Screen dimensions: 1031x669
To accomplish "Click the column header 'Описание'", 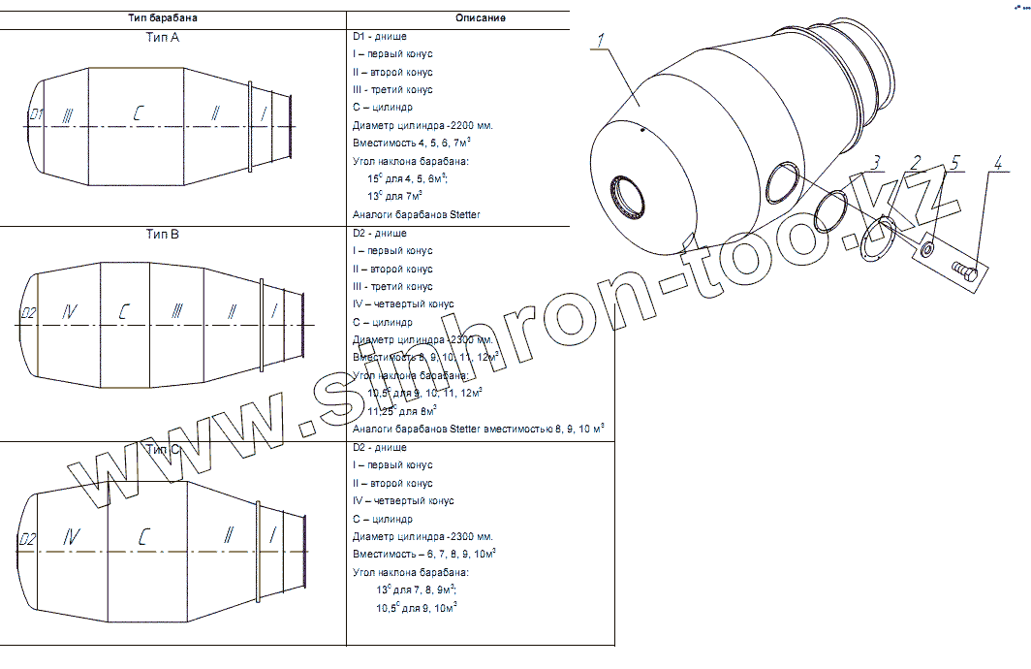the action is (480, 17).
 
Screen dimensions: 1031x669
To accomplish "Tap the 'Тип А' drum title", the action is (162, 37).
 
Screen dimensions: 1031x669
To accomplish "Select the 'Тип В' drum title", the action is (163, 234).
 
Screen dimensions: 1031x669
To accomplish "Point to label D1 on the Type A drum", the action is (36, 114).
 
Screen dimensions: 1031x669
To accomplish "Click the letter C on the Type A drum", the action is (139, 114).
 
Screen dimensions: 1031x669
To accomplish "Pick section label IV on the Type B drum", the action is (69, 312).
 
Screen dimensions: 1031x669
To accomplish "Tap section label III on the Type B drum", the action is (176, 312).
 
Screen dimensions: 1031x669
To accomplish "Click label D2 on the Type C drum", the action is (27, 539).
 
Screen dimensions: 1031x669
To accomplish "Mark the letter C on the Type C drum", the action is (142, 537).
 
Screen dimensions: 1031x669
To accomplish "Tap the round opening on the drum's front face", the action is (630, 198).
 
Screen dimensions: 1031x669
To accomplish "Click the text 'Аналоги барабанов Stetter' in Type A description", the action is (417, 214).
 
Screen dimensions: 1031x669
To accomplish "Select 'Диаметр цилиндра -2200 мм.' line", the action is (423, 126).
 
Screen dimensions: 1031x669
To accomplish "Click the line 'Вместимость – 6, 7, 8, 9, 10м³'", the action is (424, 554).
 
